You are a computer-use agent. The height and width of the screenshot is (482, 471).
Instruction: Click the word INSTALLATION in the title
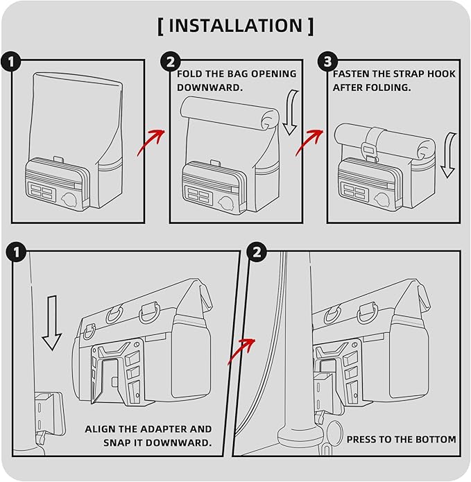(236, 25)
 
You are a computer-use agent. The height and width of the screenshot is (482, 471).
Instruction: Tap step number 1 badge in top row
(11, 62)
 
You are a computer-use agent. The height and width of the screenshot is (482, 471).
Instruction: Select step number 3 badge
(327, 62)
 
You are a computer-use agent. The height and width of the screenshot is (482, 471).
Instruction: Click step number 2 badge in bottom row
(257, 252)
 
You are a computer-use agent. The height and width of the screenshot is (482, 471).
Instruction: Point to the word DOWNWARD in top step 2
(210, 87)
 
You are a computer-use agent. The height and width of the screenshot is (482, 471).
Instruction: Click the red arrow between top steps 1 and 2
(151, 142)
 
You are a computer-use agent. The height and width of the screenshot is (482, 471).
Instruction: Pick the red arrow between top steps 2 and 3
(309, 142)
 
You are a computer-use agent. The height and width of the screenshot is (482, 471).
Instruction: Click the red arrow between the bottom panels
(241, 352)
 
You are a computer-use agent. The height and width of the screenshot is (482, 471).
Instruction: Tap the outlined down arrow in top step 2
(290, 112)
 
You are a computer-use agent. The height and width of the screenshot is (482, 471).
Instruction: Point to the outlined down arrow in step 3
(449, 155)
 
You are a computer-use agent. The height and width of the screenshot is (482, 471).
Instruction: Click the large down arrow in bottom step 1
(52, 322)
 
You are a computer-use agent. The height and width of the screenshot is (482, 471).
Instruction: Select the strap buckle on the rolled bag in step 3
(369, 150)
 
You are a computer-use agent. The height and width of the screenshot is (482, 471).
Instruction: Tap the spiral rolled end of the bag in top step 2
(270, 119)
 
